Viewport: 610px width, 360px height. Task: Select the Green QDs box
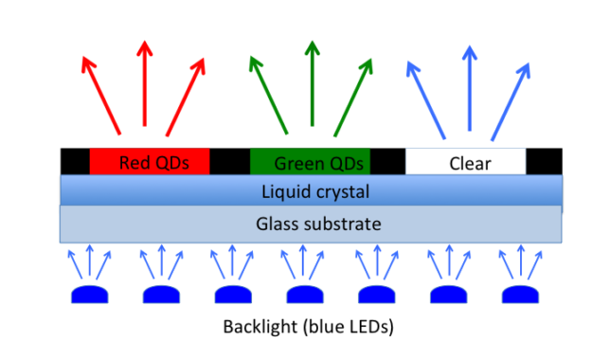310,162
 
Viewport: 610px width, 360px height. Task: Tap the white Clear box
465,162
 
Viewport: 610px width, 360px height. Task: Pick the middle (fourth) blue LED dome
305,294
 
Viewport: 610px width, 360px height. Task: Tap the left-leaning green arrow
269,95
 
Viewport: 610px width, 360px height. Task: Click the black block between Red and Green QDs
229,162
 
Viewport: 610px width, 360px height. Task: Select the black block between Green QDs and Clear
387,162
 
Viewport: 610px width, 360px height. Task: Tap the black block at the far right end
543,162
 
